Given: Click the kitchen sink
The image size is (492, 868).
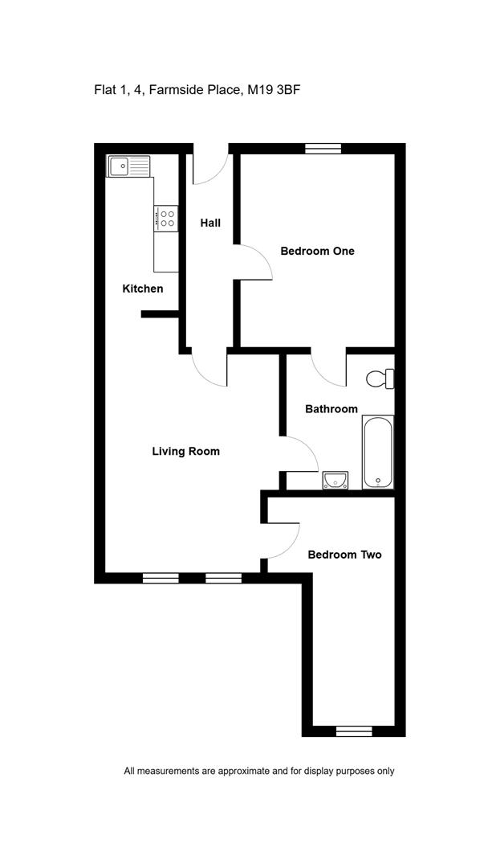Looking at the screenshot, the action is point(129,166).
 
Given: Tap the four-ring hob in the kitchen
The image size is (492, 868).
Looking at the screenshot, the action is point(166,218).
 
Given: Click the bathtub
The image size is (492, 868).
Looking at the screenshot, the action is point(378,452).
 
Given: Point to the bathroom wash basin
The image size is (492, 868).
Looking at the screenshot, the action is point(335,480).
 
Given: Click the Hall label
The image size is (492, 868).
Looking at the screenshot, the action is point(210,223).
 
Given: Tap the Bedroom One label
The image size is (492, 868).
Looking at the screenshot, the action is point(317,252).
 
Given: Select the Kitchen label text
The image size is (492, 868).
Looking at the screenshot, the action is point(143,289).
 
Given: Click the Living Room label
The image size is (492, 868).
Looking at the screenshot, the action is point(185,451).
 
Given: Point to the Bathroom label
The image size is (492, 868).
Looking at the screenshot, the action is point(331,409).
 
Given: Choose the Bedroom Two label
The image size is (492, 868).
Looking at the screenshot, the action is point(344,555).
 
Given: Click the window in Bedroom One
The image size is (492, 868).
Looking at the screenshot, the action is point(323,149).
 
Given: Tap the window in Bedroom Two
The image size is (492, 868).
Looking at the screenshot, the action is point(354,731).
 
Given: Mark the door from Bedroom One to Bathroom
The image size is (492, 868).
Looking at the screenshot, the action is point(329,367).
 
